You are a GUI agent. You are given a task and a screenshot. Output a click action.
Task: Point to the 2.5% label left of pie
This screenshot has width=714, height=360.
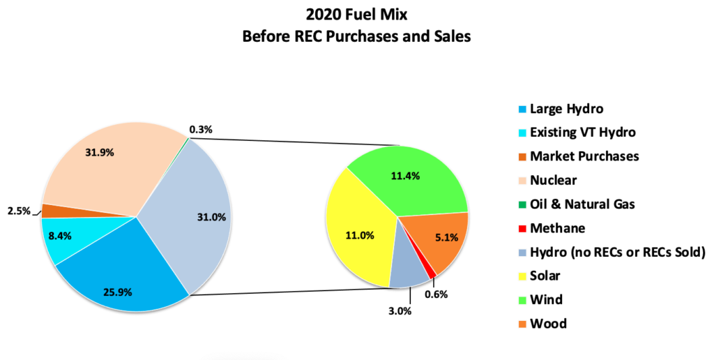click(x=20, y=211)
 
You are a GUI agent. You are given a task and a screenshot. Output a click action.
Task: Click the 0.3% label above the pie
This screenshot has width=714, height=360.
click(x=201, y=129)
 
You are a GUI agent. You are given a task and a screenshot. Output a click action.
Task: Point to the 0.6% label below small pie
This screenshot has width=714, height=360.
click(x=436, y=294)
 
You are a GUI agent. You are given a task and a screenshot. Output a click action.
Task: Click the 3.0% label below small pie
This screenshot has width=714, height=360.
click(x=400, y=310)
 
